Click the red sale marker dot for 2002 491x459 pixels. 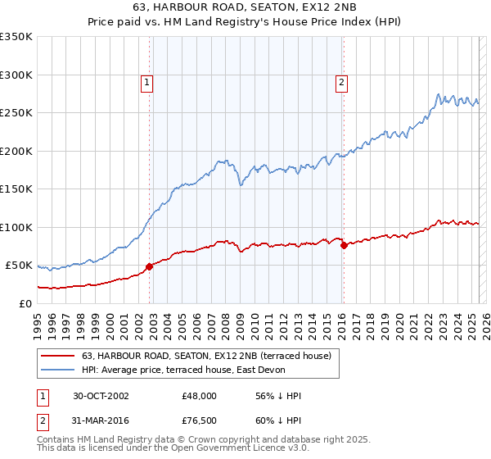[x=150, y=266]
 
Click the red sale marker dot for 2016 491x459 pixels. [x=344, y=245]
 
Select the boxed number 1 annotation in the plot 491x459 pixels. [x=146, y=81]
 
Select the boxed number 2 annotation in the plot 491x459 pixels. [x=340, y=81]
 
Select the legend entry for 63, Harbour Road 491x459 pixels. [x=205, y=356]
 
